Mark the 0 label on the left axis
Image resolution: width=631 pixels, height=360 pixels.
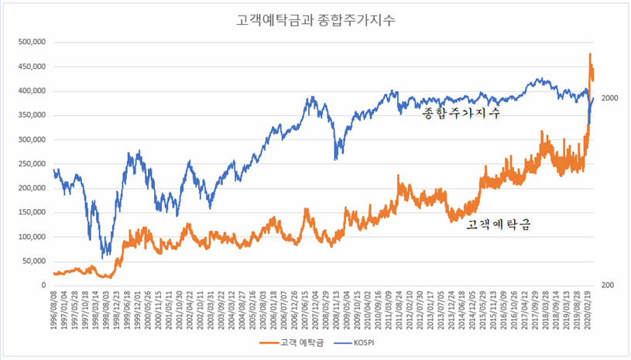(44, 286)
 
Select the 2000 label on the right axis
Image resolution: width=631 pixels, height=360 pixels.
(609, 98)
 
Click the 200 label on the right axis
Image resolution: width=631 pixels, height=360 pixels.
(607, 286)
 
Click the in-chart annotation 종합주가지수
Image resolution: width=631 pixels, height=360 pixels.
(461, 113)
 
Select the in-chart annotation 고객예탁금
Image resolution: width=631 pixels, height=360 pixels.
(499, 225)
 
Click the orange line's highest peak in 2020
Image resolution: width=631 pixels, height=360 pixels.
(589, 54)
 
